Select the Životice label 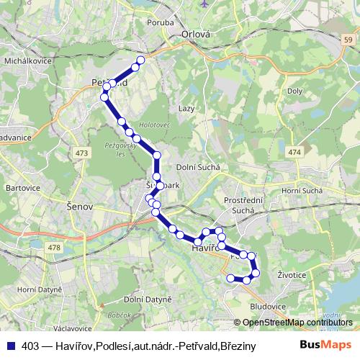292,274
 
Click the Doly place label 295,92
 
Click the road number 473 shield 82,153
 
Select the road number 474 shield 296,153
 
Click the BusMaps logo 323,345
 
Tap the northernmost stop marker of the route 140,60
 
